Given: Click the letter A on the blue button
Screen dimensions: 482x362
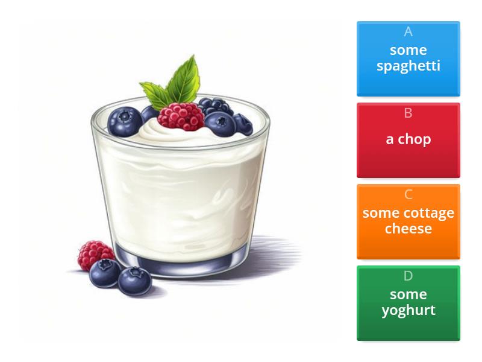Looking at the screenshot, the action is [x=408, y=31].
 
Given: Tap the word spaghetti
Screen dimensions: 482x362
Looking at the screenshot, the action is [x=408, y=66].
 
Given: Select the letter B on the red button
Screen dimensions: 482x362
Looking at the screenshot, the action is [x=408, y=113].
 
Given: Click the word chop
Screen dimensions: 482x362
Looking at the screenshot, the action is [x=415, y=139].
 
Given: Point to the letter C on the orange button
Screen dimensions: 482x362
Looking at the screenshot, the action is [x=408, y=194].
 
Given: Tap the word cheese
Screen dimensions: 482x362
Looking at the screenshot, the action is [x=408, y=229].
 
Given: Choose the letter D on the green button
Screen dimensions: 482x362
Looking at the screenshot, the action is [x=408, y=276].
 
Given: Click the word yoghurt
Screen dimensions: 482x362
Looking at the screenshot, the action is [x=408, y=310].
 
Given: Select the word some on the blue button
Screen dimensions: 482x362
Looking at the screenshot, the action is [x=408, y=50].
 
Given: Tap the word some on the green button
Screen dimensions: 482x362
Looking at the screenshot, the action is [x=408, y=294].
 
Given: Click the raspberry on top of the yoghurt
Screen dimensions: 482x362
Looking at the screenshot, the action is [x=181, y=116].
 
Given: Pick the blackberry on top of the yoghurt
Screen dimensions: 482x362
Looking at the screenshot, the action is [x=215, y=106].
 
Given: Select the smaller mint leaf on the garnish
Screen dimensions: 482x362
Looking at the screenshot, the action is [x=154, y=94].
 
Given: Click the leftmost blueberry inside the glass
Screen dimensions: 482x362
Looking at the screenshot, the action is [x=125, y=122].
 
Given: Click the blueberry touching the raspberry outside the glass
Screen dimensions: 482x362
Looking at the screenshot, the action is [x=105, y=273].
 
